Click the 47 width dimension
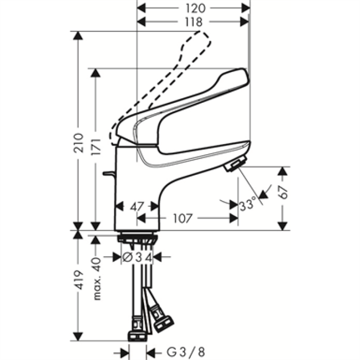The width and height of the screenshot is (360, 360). [136, 207]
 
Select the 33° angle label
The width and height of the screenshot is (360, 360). [248, 205]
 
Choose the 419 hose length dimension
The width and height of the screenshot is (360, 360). [78, 280]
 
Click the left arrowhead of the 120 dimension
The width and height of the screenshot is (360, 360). [142, 8]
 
